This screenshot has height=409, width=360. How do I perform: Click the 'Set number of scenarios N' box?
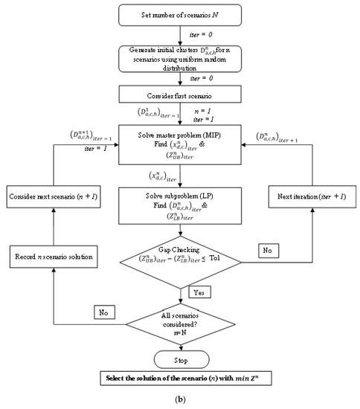[181, 16]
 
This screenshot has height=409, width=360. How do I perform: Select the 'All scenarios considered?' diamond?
[181, 323]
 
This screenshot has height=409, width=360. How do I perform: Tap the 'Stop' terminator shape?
[181, 360]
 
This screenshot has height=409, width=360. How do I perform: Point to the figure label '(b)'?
[180, 402]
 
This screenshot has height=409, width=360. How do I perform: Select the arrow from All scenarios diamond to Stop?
[181, 347]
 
